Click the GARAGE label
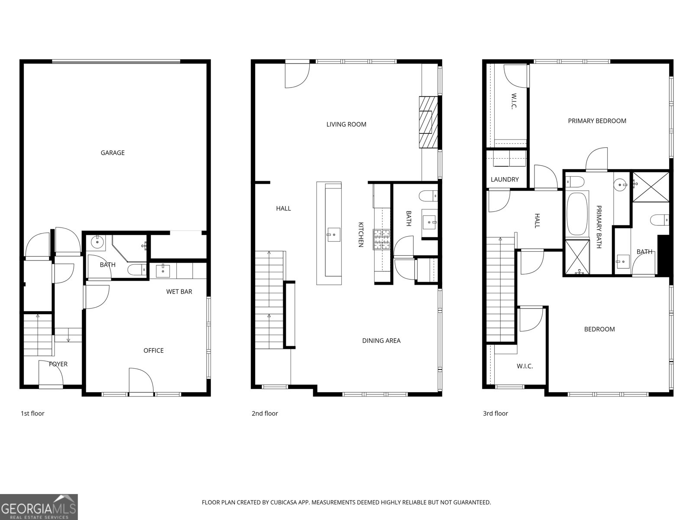coord(113,153)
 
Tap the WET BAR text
coord(179,292)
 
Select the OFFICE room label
coord(153,351)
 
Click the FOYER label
coord(58,364)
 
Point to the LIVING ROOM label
coord(346,124)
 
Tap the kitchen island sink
coord(333,234)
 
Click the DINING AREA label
coord(381,341)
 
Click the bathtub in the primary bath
coord(577,214)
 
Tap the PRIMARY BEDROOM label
coord(597,121)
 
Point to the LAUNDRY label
coord(505,179)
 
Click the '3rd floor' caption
coord(495,413)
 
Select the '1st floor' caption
coord(32,413)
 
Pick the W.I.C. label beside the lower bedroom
coord(525,366)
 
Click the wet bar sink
coord(163,271)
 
